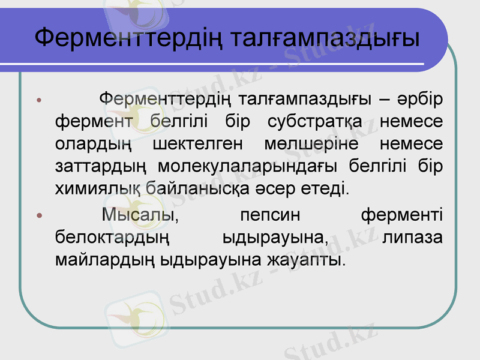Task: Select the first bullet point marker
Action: coord(39,99)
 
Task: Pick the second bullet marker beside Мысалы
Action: coord(39,215)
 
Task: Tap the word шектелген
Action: coord(197,144)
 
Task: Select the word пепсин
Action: coord(269,215)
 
